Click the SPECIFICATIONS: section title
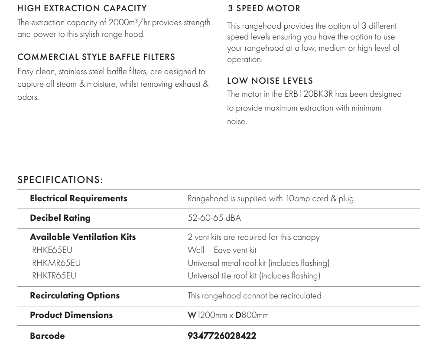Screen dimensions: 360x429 [x=60, y=179]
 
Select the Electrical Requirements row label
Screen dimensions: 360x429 [x=78, y=199]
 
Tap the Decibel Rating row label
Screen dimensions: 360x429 [x=60, y=218]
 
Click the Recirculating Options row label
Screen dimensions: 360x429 [x=75, y=296]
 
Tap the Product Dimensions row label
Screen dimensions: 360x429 [x=71, y=315]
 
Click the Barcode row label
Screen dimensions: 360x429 [x=47, y=336]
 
